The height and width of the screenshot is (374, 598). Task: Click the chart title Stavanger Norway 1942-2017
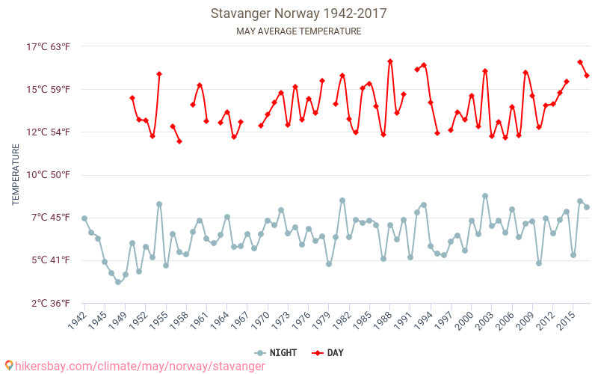[298, 13]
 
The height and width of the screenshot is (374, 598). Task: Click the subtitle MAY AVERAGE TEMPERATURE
[298, 31]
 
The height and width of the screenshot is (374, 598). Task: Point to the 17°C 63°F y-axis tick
[49, 46]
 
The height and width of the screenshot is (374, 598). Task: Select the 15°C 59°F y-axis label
[49, 89]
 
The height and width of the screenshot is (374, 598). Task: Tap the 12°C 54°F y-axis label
[49, 132]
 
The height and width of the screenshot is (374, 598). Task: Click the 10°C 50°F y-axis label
[49, 175]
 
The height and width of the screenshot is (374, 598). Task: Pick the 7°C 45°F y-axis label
[49, 218]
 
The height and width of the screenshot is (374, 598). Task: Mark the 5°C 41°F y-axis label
[49, 260]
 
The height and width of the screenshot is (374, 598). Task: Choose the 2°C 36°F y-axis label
[49, 303]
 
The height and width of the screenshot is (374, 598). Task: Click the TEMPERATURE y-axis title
[16, 175]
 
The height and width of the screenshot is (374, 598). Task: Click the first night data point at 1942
[84, 218]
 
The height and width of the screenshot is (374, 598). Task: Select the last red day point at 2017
[587, 76]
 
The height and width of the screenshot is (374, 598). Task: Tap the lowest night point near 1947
[118, 282]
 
